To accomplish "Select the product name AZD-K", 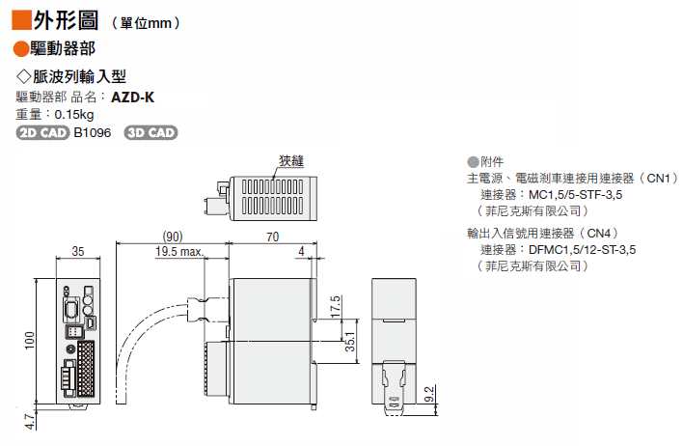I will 132,97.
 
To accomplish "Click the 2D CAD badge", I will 43,132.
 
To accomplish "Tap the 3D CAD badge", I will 151,132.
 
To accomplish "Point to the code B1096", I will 94,132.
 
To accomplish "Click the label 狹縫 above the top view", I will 290,161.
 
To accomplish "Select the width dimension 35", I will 78,253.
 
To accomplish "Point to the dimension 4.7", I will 30,421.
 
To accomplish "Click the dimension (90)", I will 172,237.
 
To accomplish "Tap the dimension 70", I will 272,237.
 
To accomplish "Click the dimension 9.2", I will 430,393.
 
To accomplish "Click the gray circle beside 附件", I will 473,162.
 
